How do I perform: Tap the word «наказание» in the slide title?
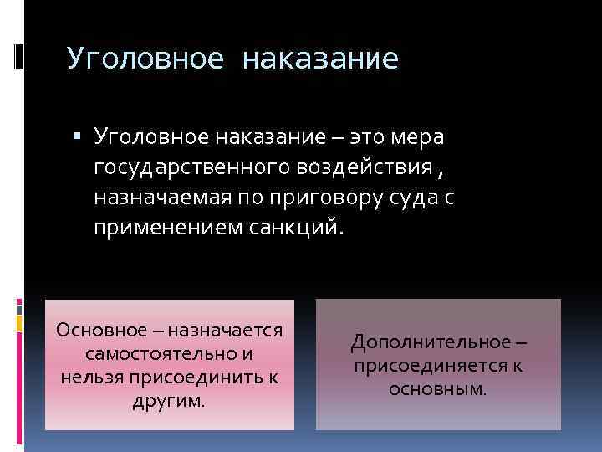(x=320, y=59)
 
